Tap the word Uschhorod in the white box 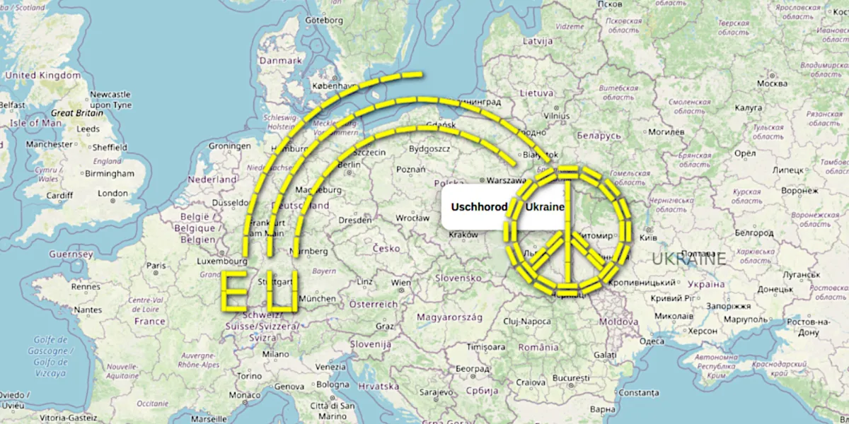479,208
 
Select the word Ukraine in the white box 545,207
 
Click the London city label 113,193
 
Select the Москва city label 772,83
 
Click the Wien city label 400,282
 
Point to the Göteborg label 324,20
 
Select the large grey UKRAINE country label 688,259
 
